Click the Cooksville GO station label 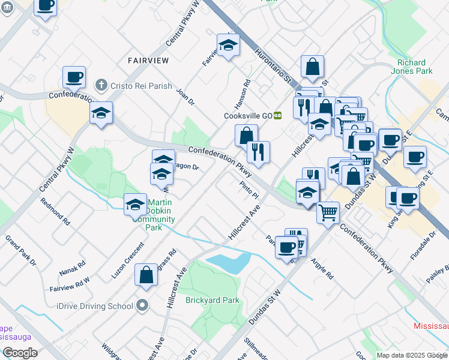pyautogui.click(x=249, y=116)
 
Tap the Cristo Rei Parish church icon pyautogui.click(x=102, y=86)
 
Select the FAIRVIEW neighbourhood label pyautogui.click(x=148, y=60)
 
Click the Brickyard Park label pyautogui.click(x=212, y=300)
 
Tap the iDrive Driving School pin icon pyautogui.click(x=142, y=306)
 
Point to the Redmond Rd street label pyautogui.click(x=56, y=212)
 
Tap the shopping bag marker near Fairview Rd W pyautogui.click(x=146, y=275)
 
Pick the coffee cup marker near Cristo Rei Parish pyautogui.click(x=74, y=77)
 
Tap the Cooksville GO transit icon pyautogui.click(x=278, y=116)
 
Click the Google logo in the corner pyautogui.click(x=20, y=352)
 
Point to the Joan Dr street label pyautogui.click(x=185, y=97)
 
